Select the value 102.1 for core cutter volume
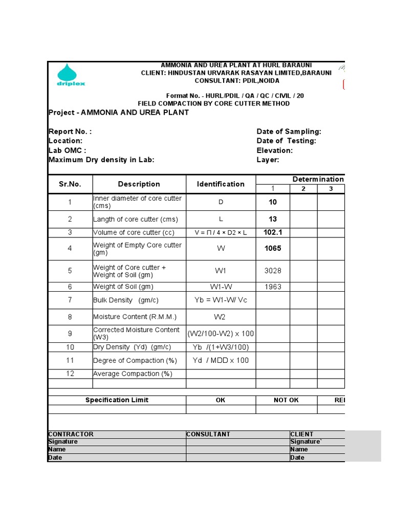point(273,232)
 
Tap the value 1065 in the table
point(273,249)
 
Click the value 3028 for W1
point(273,271)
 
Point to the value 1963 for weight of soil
point(273,287)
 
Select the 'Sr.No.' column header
point(70,184)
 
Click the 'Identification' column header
point(221,184)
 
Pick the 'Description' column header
point(139,184)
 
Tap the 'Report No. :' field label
point(70,132)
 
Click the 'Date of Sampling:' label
point(289,132)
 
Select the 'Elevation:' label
point(274,150)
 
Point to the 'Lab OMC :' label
point(67,150)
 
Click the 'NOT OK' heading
point(286,400)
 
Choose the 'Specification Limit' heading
point(117,400)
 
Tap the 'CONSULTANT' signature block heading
point(208,434)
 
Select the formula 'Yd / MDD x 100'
point(221,360)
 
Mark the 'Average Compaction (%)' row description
point(133,374)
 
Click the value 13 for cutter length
point(273,219)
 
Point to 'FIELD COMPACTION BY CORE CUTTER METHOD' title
point(213,103)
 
